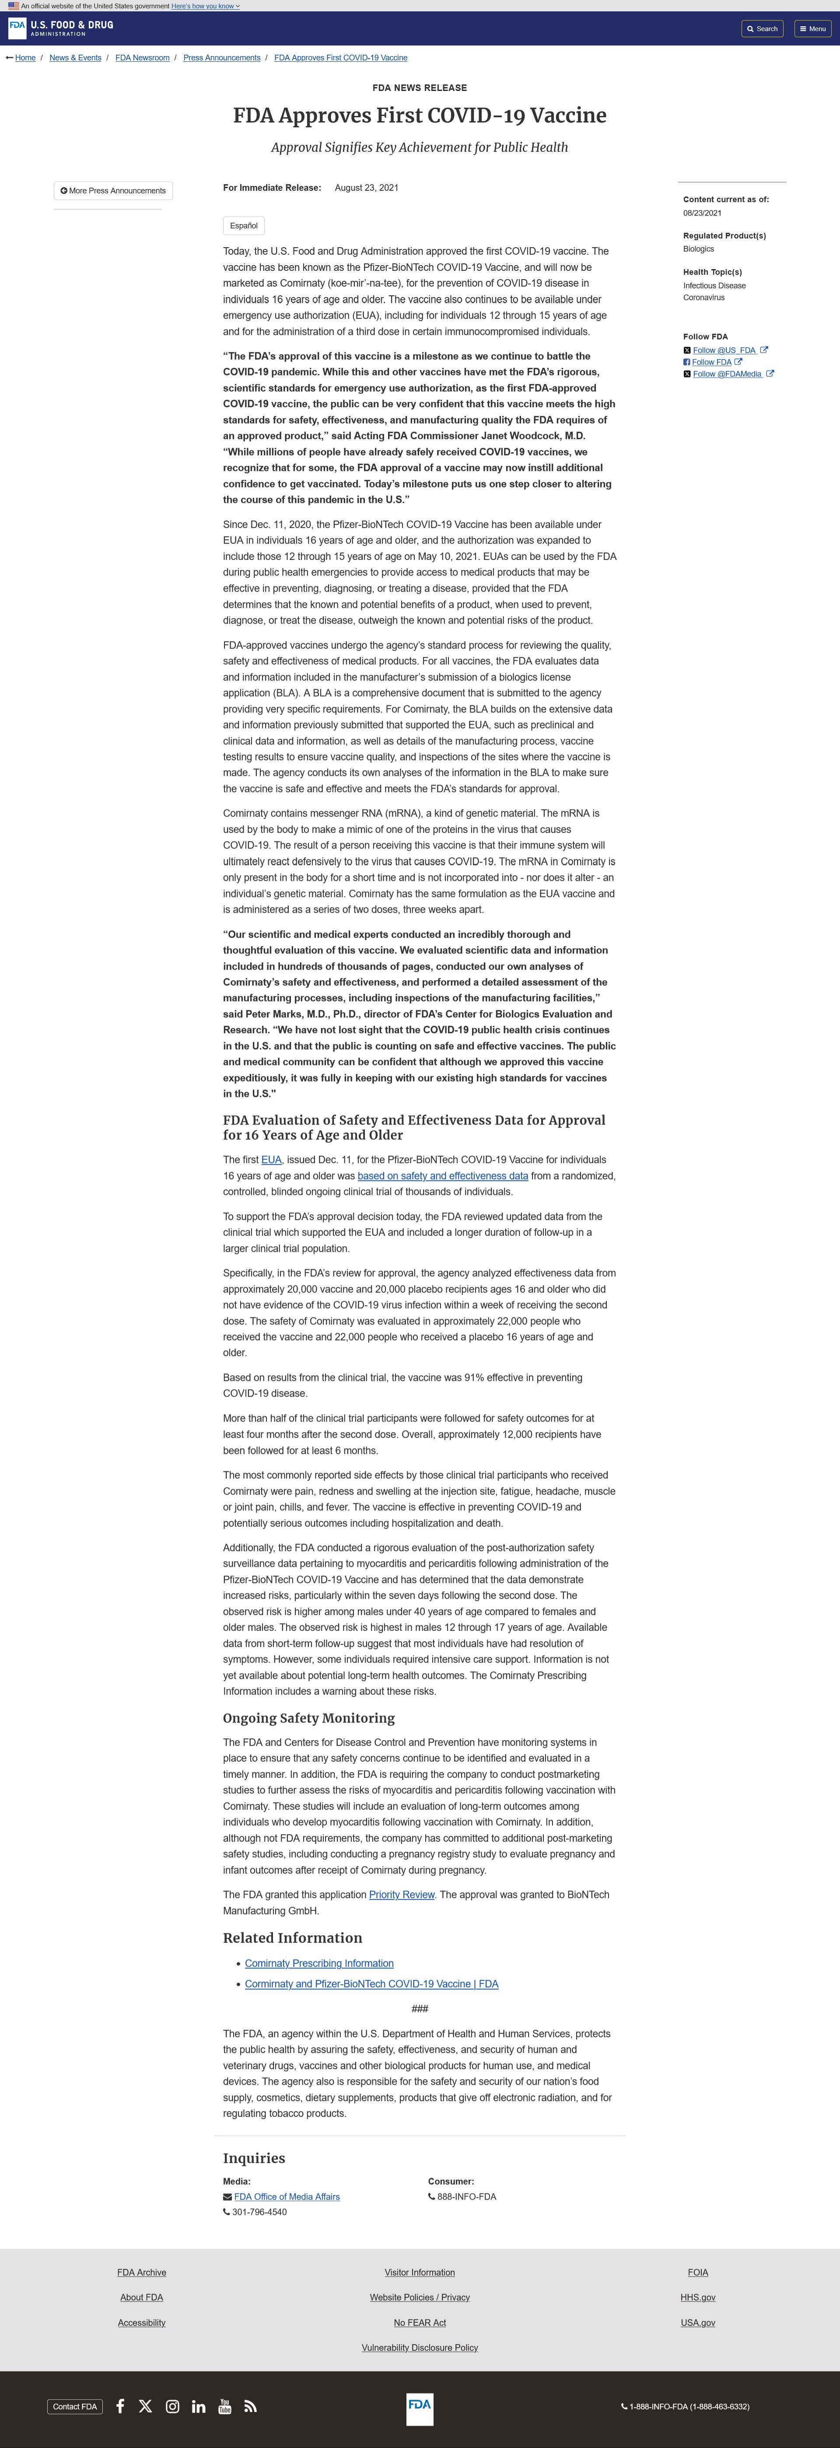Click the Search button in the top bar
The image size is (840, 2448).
[x=762, y=28]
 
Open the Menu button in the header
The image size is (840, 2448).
[x=812, y=28]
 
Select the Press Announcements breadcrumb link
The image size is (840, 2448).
[x=221, y=58]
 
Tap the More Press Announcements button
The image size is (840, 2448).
[x=113, y=191]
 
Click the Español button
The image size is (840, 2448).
[x=243, y=226]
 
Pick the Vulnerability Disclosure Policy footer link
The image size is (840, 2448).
[x=419, y=2347]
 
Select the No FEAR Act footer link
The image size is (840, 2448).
[x=419, y=2322]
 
